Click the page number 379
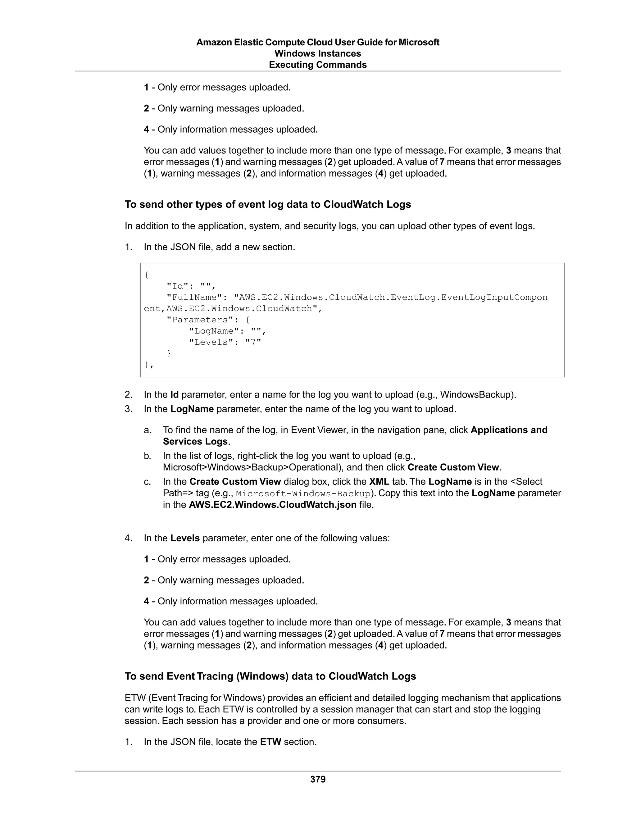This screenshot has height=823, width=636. point(318,779)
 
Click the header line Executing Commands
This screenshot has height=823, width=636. point(318,65)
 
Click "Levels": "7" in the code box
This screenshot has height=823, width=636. point(225,342)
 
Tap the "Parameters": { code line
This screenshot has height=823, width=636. point(208,320)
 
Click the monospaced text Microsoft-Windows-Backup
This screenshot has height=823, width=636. point(303,494)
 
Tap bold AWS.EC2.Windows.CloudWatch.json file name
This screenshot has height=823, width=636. point(272,505)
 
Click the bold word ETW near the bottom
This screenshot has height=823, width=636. point(270,742)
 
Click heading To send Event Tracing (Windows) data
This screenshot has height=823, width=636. point(270,676)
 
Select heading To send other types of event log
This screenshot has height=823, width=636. point(267,204)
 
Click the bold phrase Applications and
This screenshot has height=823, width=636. point(509,430)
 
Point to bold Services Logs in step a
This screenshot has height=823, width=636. point(195,441)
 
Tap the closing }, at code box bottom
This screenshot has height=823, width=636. point(149,365)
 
